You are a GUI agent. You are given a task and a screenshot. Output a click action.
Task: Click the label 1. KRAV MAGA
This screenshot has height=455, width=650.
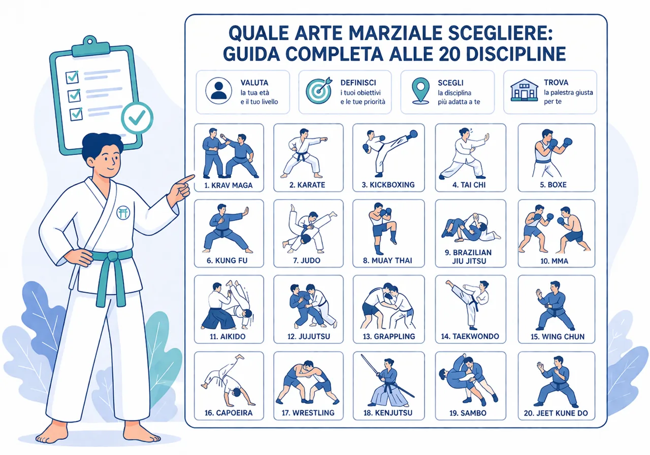[229, 185]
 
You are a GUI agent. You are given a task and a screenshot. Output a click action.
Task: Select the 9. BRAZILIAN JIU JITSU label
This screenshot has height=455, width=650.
[471, 257]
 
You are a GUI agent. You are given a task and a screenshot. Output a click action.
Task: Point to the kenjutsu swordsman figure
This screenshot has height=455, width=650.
[387, 381]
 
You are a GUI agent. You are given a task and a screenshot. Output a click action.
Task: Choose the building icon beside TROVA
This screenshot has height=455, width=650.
[524, 90]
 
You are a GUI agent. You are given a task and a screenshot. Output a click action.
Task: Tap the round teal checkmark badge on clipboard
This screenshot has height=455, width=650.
[137, 118]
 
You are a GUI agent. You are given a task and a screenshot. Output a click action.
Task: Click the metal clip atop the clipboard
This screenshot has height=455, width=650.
[90, 45]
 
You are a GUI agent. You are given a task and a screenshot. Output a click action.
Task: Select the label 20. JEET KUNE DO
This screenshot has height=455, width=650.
[556, 413]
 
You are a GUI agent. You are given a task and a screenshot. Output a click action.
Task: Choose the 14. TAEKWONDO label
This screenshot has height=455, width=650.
[470, 336]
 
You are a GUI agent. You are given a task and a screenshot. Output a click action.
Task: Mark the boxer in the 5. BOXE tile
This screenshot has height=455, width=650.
[551, 151]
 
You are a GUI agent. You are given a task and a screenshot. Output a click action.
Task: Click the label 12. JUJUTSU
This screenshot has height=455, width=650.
[307, 336]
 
